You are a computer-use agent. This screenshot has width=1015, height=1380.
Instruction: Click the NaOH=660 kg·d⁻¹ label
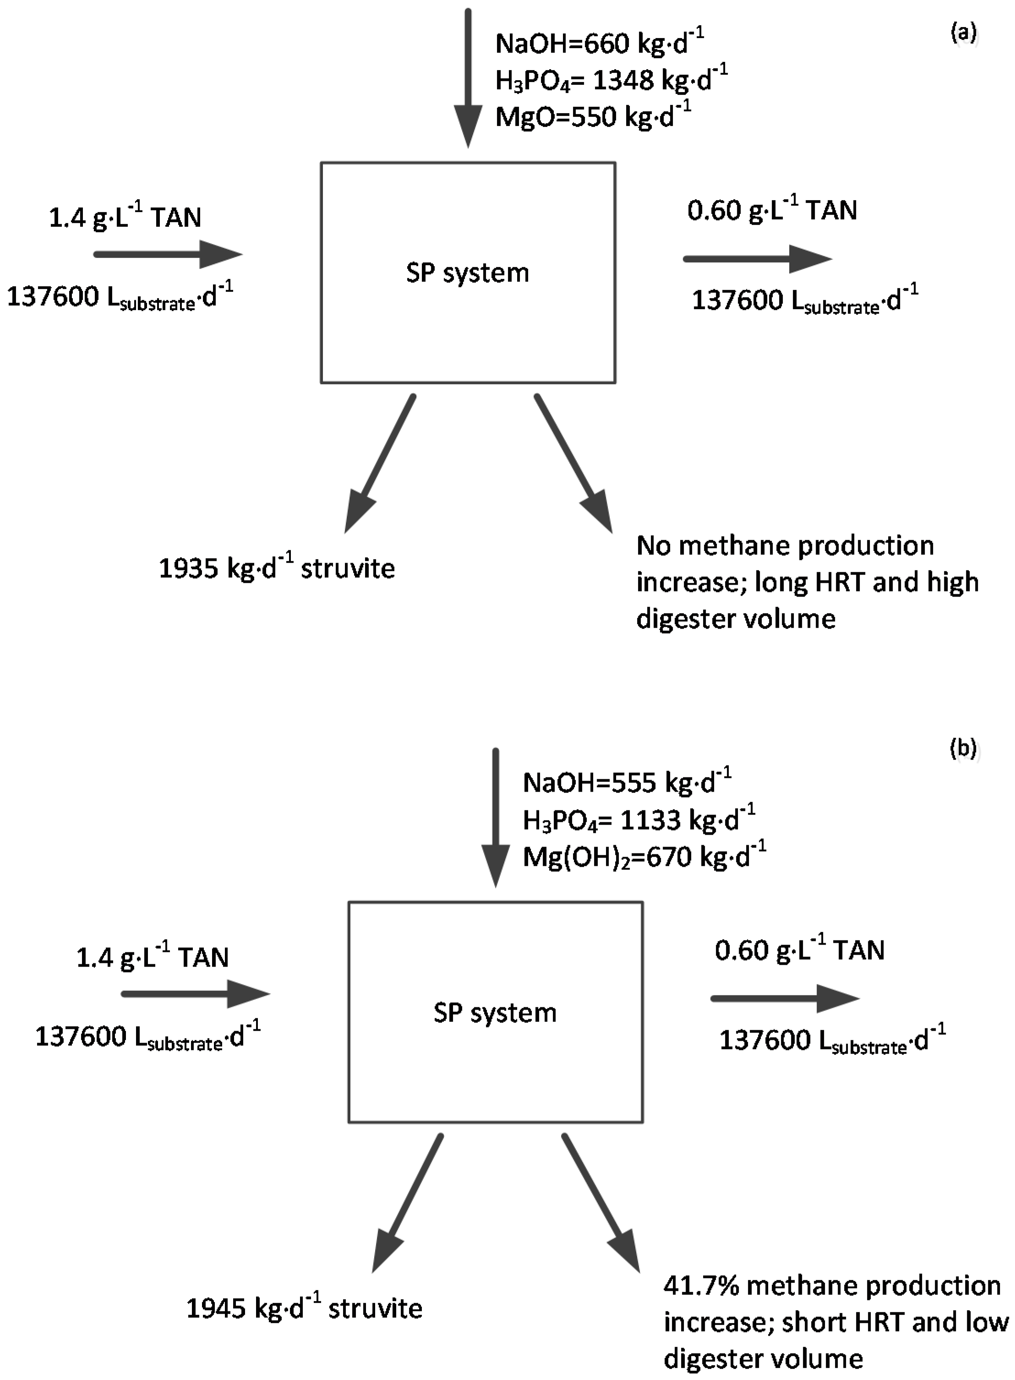[599, 43]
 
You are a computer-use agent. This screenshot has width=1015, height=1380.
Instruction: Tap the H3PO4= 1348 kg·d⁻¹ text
[611, 80]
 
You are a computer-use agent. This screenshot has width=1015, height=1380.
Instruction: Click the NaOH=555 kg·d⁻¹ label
[627, 783]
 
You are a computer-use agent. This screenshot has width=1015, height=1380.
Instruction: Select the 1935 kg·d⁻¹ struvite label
[277, 568]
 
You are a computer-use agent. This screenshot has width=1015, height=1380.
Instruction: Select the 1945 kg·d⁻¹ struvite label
[304, 1308]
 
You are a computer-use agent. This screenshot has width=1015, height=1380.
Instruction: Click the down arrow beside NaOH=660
[468, 77]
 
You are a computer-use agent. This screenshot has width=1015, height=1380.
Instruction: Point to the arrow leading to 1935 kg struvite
[380, 464]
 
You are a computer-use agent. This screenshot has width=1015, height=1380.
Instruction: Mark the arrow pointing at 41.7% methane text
[601, 1204]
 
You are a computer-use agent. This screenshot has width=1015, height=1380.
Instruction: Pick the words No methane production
[785, 546]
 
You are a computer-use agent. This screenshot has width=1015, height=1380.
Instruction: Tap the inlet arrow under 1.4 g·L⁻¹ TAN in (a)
[167, 254]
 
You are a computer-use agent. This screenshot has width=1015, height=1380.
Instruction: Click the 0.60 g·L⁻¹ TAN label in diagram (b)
[799, 950]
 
